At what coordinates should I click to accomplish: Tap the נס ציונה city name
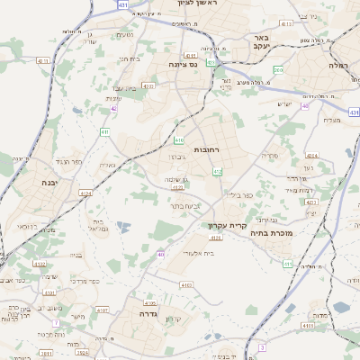click(x=183, y=65)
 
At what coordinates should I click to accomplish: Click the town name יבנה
click(x=49, y=183)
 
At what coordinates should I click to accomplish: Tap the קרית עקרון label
click(x=226, y=225)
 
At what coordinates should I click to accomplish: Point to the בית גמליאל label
click(x=101, y=225)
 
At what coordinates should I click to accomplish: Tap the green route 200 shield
click(x=278, y=70)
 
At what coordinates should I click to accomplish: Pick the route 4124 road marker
click(x=85, y=193)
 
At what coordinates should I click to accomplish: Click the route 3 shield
click(x=262, y=346)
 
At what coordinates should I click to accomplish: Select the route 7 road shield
click(x=55, y=323)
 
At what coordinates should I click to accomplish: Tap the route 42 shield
click(x=114, y=108)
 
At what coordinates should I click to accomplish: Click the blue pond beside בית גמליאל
click(x=123, y=226)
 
